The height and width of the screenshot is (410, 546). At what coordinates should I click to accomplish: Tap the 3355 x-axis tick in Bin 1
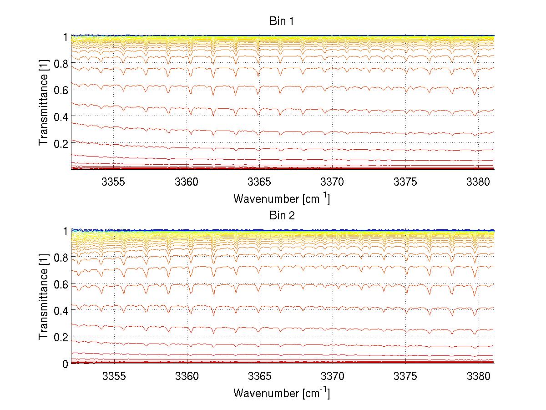point(114,182)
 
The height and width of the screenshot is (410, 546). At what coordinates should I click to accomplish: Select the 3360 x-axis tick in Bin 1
point(187,182)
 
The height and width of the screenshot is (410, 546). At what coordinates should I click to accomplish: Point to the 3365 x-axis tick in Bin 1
point(259,182)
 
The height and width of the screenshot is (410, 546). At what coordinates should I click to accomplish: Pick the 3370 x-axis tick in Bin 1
point(332,182)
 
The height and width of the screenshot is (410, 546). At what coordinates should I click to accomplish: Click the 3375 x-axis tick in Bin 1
point(405,182)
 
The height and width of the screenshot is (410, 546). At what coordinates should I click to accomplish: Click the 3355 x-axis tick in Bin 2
point(114,376)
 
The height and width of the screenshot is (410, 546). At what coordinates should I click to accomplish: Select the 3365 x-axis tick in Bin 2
point(259,376)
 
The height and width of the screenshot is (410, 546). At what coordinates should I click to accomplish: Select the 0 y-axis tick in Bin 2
point(66,364)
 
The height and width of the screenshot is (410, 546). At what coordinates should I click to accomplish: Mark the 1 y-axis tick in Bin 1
point(66,37)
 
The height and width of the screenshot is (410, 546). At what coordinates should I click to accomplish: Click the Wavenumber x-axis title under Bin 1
point(282,198)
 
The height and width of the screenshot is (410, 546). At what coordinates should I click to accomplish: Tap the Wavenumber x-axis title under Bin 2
point(282,393)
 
